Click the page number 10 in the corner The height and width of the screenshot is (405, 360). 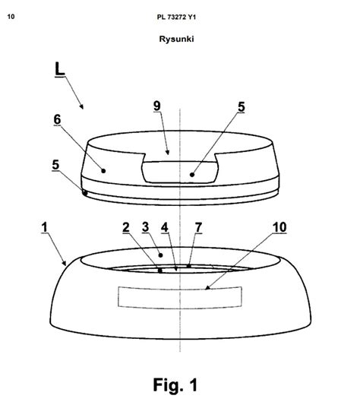pyautogui.click(x=11, y=17)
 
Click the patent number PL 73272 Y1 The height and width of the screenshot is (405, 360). pyautogui.click(x=176, y=17)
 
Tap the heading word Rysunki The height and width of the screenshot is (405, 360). pyautogui.click(x=176, y=39)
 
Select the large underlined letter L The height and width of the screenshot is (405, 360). pyautogui.click(x=60, y=69)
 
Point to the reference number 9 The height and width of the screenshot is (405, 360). pyautogui.click(x=157, y=106)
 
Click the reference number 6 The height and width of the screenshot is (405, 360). pyautogui.click(x=57, y=119)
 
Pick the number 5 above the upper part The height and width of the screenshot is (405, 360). pyautogui.click(x=242, y=106)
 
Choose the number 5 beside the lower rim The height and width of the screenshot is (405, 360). pyautogui.click(x=55, y=165)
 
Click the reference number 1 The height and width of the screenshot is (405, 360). pyautogui.click(x=45, y=227)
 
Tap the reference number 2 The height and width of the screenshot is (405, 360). pyautogui.click(x=126, y=227)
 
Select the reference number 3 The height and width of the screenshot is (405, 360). pyautogui.click(x=145, y=227)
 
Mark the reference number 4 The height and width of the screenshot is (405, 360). pyautogui.click(x=165, y=227)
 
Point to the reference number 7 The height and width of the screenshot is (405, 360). pyautogui.click(x=198, y=227)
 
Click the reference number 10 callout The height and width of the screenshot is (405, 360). pyautogui.click(x=279, y=227)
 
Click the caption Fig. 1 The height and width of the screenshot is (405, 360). pyautogui.click(x=175, y=384)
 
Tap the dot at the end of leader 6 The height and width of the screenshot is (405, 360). pyautogui.click(x=103, y=171)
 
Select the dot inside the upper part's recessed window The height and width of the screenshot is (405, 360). pyautogui.click(x=192, y=175)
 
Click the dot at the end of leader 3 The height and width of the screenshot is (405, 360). pyautogui.click(x=160, y=255)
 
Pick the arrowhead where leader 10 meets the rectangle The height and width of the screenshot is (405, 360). pyautogui.click(x=207, y=288)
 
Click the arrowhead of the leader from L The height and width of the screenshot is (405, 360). pyautogui.click(x=81, y=107)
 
